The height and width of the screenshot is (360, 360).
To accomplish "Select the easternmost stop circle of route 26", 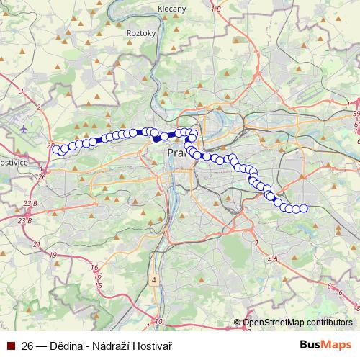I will (303, 209).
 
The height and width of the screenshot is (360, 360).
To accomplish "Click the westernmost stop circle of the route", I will (56, 149).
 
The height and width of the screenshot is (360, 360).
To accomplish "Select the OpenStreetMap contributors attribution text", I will (297, 323).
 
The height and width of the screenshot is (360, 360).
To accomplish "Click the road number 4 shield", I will (153, 278).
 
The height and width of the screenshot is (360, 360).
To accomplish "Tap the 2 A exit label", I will (272, 258).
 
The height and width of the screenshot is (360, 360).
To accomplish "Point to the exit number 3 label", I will (22, 91).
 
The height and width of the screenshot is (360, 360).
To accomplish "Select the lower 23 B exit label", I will (25, 220).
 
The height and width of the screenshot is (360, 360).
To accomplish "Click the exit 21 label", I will (36, 245).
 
